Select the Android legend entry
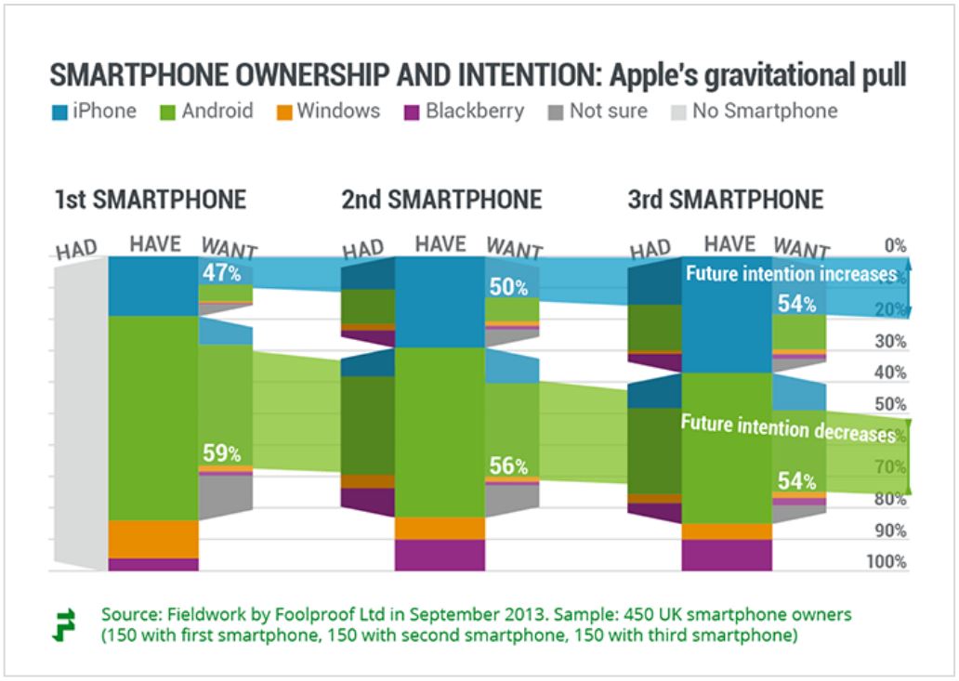[x=207, y=111]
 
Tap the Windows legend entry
[x=328, y=111]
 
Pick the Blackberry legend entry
[x=464, y=111]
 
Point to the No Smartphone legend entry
[x=755, y=111]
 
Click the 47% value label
[x=222, y=274]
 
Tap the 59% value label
[x=222, y=454]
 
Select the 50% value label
[x=508, y=287]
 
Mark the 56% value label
[x=508, y=466]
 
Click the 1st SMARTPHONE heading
[x=151, y=200]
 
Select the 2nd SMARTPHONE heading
[x=441, y=200]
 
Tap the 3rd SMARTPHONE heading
[x=726, y=200]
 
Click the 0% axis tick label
[x=895, y=246]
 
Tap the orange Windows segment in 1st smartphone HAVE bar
[x=153, y=538]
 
